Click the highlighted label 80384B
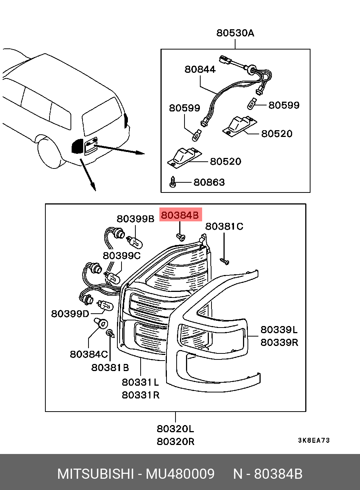point(180,215)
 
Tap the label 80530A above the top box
point(235,33)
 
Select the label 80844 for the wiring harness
point(200,69)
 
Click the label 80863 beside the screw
point(209,182)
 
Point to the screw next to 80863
point(172,182)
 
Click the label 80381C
point(224,226)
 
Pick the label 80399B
point(135,219)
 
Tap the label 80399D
point(70,314)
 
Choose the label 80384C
point(89,355)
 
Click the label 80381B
point(110,368)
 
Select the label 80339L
point(279,330)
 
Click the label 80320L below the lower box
point(175,429)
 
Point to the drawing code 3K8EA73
point(313,440)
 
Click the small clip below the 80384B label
point(180,237)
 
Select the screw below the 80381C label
point(225,261)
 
